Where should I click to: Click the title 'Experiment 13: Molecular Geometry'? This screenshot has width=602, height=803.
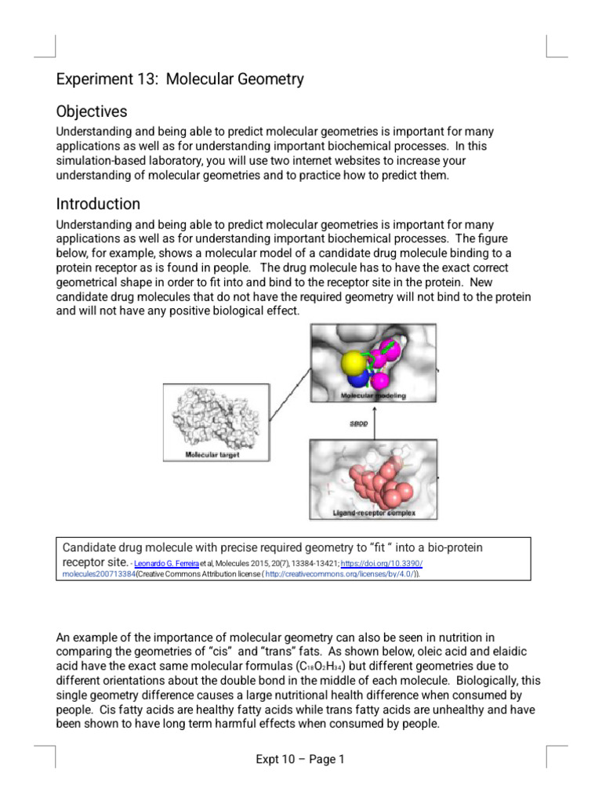180,79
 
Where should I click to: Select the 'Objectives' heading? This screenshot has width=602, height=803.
92,111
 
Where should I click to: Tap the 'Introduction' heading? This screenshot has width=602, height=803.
98,204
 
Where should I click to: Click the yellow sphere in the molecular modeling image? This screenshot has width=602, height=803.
355,362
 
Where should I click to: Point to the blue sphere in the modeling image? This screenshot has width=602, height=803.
358,380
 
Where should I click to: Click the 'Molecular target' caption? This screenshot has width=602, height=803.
212,455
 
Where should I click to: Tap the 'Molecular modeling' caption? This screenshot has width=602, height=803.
373,397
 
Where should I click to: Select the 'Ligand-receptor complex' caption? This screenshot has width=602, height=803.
373,514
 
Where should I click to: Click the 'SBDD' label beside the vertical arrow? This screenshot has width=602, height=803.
358,424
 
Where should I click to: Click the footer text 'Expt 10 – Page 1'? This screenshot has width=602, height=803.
300,759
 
